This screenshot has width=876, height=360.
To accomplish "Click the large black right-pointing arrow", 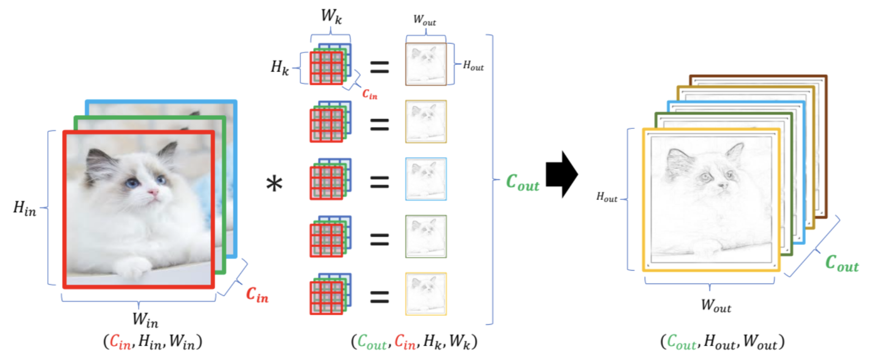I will (562, 175).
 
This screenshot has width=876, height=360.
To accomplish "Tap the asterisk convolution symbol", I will (274, 183).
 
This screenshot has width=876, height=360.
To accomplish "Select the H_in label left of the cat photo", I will (25, 208).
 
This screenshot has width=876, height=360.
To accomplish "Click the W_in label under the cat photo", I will (145, 320).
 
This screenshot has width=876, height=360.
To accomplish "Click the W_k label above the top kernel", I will (331, 16).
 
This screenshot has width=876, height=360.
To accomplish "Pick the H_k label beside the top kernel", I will (279, 67).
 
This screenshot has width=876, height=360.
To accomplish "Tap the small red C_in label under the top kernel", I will (370, 94).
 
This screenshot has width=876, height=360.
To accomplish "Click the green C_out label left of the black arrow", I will (522, 182).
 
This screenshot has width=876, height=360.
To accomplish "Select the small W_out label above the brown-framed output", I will (425, 20).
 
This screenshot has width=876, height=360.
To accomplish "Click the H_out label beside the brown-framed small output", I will (473, 65).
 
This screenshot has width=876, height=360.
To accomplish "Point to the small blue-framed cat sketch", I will (426, 179).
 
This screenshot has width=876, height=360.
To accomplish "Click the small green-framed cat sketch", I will (426, 237).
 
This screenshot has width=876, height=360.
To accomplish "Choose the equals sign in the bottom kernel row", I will (379, 297).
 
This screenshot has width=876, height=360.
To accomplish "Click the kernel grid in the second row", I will (330, 122).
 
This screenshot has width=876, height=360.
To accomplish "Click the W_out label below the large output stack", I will (716, 305).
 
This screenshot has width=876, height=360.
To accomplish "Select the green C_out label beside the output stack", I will (842, 263).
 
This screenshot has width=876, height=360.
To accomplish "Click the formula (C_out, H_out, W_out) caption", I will (722, 342).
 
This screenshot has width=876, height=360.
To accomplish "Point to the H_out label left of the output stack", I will (607, 197).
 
